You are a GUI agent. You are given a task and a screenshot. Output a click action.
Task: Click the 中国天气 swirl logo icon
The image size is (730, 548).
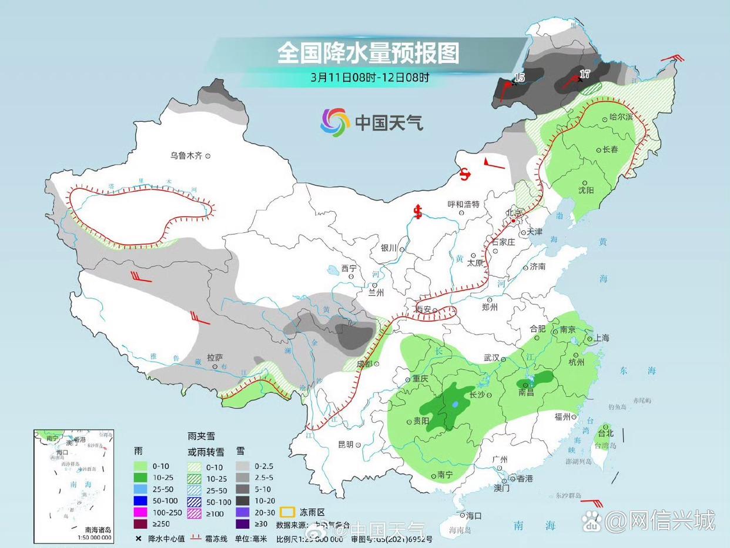335,122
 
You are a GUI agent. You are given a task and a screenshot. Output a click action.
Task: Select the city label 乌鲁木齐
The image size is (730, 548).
186,156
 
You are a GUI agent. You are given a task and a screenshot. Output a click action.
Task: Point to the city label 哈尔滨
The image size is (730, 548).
621,118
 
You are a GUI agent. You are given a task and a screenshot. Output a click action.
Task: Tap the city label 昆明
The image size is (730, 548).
346,445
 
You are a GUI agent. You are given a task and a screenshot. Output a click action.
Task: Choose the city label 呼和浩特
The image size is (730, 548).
463,204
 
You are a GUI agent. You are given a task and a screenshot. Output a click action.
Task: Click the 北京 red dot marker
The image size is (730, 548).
513,221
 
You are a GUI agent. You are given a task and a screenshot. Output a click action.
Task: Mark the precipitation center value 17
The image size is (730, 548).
584,74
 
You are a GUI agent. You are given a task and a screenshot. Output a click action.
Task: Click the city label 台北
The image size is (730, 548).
605,433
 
